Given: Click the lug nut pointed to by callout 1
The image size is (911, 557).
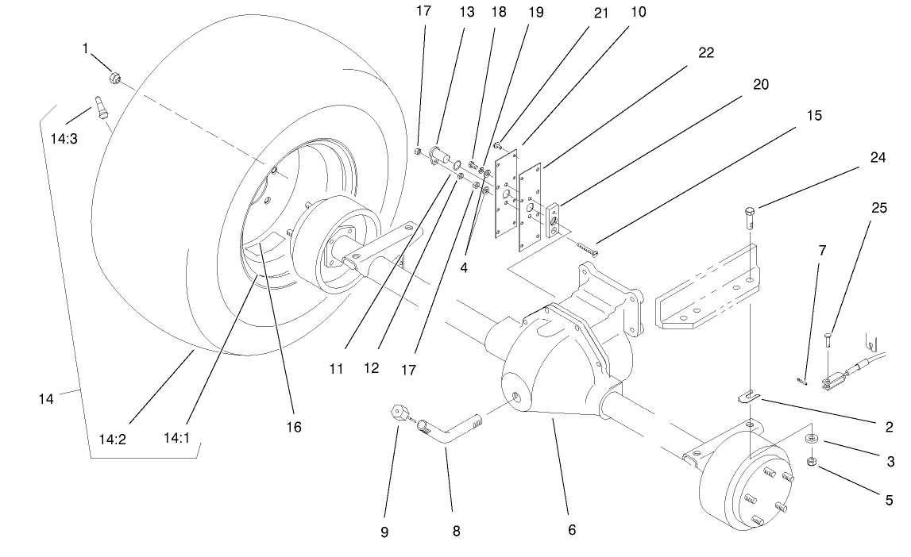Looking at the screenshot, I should [116, 78].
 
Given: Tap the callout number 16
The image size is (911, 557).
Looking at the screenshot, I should [294, 427].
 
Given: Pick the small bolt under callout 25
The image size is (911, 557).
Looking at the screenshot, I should [829, 343].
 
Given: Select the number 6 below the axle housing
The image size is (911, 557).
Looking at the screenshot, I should [570, 530].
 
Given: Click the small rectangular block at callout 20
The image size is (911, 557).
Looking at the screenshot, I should [554, 217].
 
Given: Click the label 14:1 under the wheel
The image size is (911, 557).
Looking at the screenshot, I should [176, 437].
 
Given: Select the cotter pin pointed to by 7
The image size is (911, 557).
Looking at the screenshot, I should [805, 380].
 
